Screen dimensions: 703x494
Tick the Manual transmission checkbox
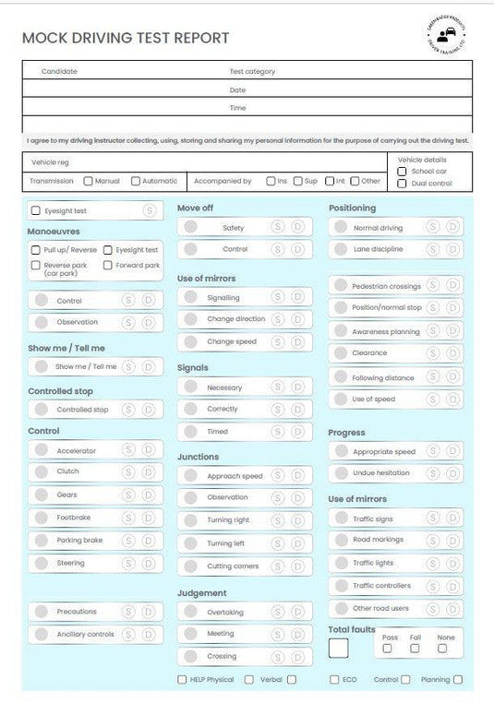click(88, 182)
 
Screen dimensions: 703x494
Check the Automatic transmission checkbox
click(136, 182)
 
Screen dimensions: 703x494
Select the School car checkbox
click(402, 172)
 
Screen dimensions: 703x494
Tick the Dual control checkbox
click(402, 184)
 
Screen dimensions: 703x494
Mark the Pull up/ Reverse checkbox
click(35, 250)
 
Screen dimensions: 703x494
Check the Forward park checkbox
click(108, 266)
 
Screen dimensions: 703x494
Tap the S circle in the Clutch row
click(127, 472)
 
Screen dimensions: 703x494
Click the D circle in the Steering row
click(148, 563)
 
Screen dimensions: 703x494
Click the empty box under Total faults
click(339, 648)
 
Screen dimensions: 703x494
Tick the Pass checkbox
click(387, 649)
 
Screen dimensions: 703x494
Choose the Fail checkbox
click(415, 649)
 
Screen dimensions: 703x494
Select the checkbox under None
click(443, 649)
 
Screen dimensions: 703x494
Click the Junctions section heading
click(199, 457)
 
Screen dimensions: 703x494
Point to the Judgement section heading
click(202, 593)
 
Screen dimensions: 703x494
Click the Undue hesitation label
click(381, 473)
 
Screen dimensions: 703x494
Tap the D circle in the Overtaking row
click(297, 613)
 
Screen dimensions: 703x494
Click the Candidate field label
click(59, 72)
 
